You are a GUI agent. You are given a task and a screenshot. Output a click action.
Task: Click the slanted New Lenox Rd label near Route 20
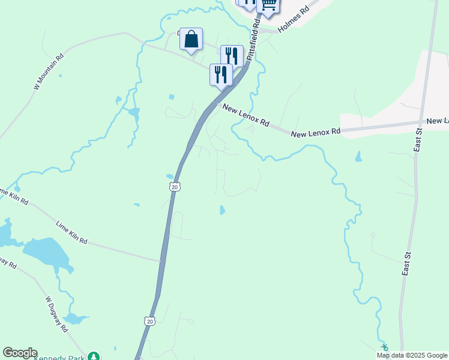coord(246,115)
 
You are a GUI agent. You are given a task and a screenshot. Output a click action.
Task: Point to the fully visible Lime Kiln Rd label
coord(71,232)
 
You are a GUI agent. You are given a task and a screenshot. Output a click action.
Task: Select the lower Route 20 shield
coord(148,322)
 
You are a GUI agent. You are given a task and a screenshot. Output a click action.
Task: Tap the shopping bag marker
coord(191,40)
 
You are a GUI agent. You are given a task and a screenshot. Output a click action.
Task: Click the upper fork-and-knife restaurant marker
coord(232,56)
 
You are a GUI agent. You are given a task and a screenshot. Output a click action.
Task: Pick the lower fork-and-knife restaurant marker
coord(221,75)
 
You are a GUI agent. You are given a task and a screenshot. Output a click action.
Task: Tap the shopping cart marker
coord(268,5)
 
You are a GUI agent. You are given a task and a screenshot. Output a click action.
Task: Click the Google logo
coord(20,353)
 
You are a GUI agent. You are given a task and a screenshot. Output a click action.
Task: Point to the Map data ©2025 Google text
coord(412,355)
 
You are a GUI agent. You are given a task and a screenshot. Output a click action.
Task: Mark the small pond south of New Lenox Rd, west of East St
coord(358,157)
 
